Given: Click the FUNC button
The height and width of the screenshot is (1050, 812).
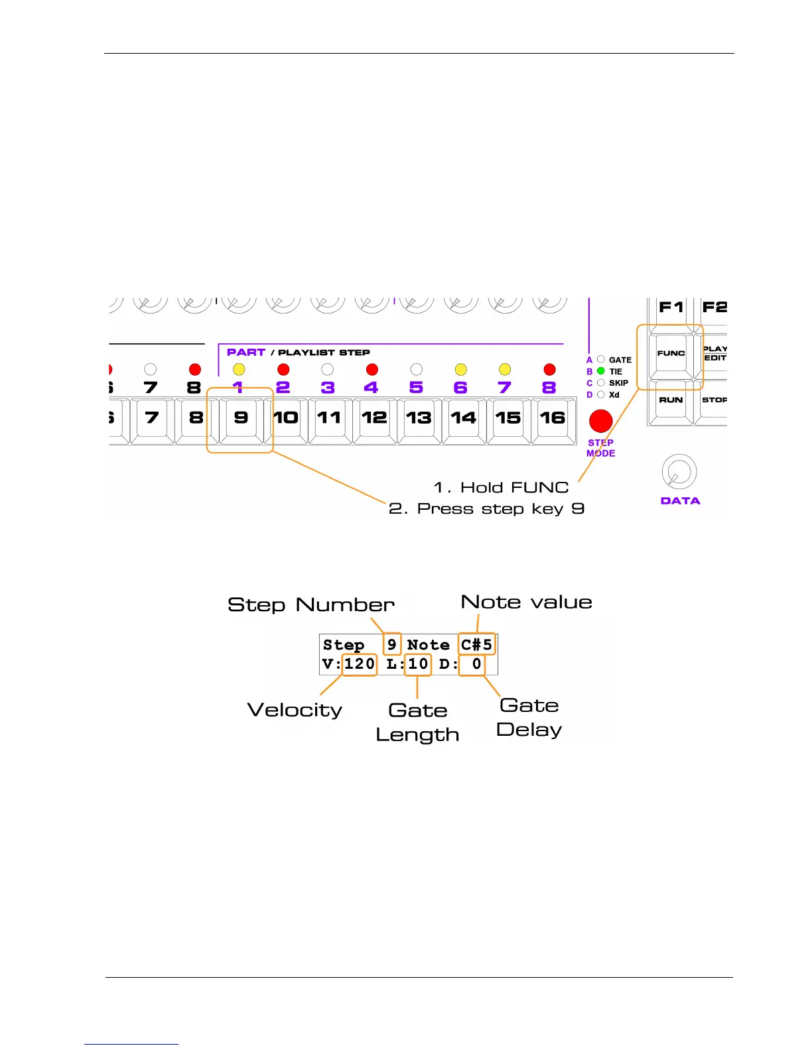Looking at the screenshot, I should pyautogui.click(x=671, y=354).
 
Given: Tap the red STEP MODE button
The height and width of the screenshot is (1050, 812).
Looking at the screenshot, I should pyautogui.click(x=600, y=421).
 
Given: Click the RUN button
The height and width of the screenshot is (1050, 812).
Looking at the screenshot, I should pyautogui.click(x=671, y=400).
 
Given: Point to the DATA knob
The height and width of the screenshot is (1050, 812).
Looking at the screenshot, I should pyautogui.click(x=679, y=472).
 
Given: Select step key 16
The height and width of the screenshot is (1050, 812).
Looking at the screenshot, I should pyautogui.click(x=553, y=418).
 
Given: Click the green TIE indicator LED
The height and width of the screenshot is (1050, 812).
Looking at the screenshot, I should pyautogui.click(x=601, y=371).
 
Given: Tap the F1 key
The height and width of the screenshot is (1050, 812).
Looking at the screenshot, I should pyautogui.click(x=671, y=308).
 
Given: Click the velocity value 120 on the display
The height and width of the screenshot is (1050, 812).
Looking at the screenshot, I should pyautogui.click(x=360, y=664).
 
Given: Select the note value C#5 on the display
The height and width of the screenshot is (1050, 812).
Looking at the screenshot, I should pyautogui.click(x=477, y=644).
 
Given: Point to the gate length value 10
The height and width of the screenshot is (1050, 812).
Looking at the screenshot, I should pyautogui.click(x=418, y=664).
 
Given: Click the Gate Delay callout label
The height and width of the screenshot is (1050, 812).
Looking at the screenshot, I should pyautogui.click(x=529, y=717).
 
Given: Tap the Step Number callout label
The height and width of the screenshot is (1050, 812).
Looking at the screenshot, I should pyautogui.click(x=311, y=605).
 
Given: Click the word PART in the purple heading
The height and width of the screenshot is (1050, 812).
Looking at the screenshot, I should pyautogui.click(x=246, y=353).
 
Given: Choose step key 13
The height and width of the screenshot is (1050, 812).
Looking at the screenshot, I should pyautogui.click(x=419, y=418).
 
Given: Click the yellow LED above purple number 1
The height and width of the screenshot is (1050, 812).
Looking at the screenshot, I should pyautogui.click(x=239, y=369).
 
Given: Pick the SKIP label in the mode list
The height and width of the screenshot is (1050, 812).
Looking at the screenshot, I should pyautogui.click(x=618, y=383).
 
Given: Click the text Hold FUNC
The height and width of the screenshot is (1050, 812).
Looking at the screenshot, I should pyautogui.click(x=514, y=488).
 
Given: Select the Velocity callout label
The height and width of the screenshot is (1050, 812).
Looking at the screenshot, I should pyautogui.click(x=295, y=710).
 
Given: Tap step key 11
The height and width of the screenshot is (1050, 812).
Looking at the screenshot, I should pyautogui.click(x=330, y=418).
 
